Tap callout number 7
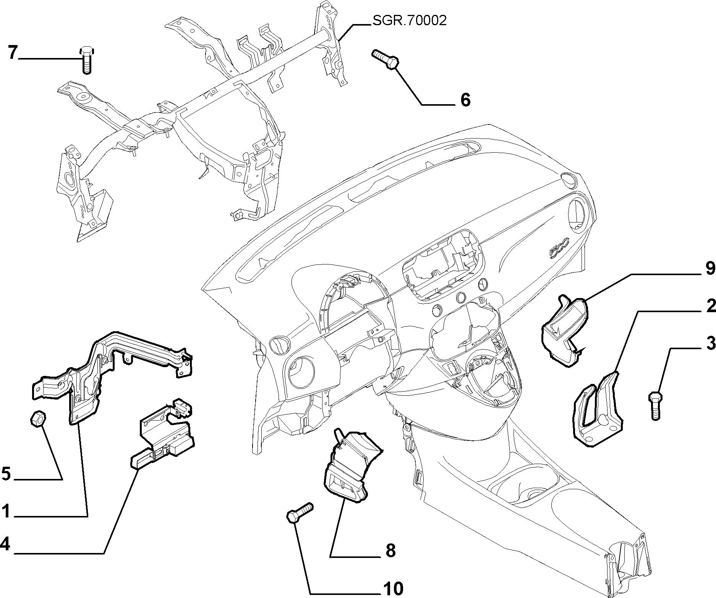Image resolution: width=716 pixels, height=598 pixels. tap(13, 53)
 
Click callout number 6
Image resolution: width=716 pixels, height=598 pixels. tap(465, 100)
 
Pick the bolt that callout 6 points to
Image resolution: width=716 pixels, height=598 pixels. tap(386, 60)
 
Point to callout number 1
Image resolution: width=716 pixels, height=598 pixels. tap(5, 511)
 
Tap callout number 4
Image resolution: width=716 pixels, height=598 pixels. tap(5, 544)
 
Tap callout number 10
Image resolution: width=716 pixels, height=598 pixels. tap(392, 588)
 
